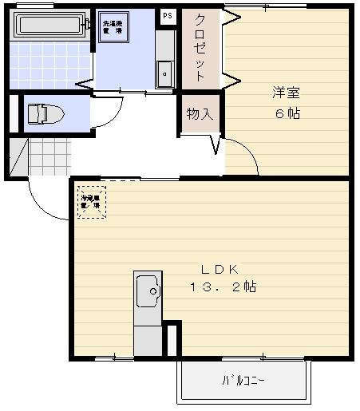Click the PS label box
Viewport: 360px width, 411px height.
(x=168, y=15)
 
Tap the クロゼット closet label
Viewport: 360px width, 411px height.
(x=200, y=47)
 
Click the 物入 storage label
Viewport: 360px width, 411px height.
(x=200, y=114)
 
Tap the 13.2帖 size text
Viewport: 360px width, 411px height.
(x=223, y=287)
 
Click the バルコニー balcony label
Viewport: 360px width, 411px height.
(x=243, y=381)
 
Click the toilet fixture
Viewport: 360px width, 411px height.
(x=44, y=113)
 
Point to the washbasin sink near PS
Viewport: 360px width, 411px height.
(x=165, y=73)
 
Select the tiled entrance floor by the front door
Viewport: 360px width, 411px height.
(x=48, y=156)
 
